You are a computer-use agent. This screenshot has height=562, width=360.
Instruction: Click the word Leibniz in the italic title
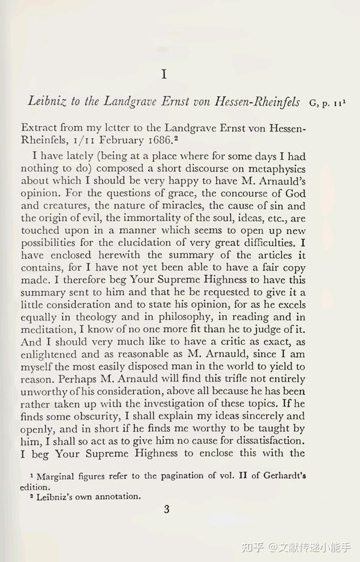[x=47, y=101]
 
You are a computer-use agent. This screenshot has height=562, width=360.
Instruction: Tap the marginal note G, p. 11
[x=328, y=102]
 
